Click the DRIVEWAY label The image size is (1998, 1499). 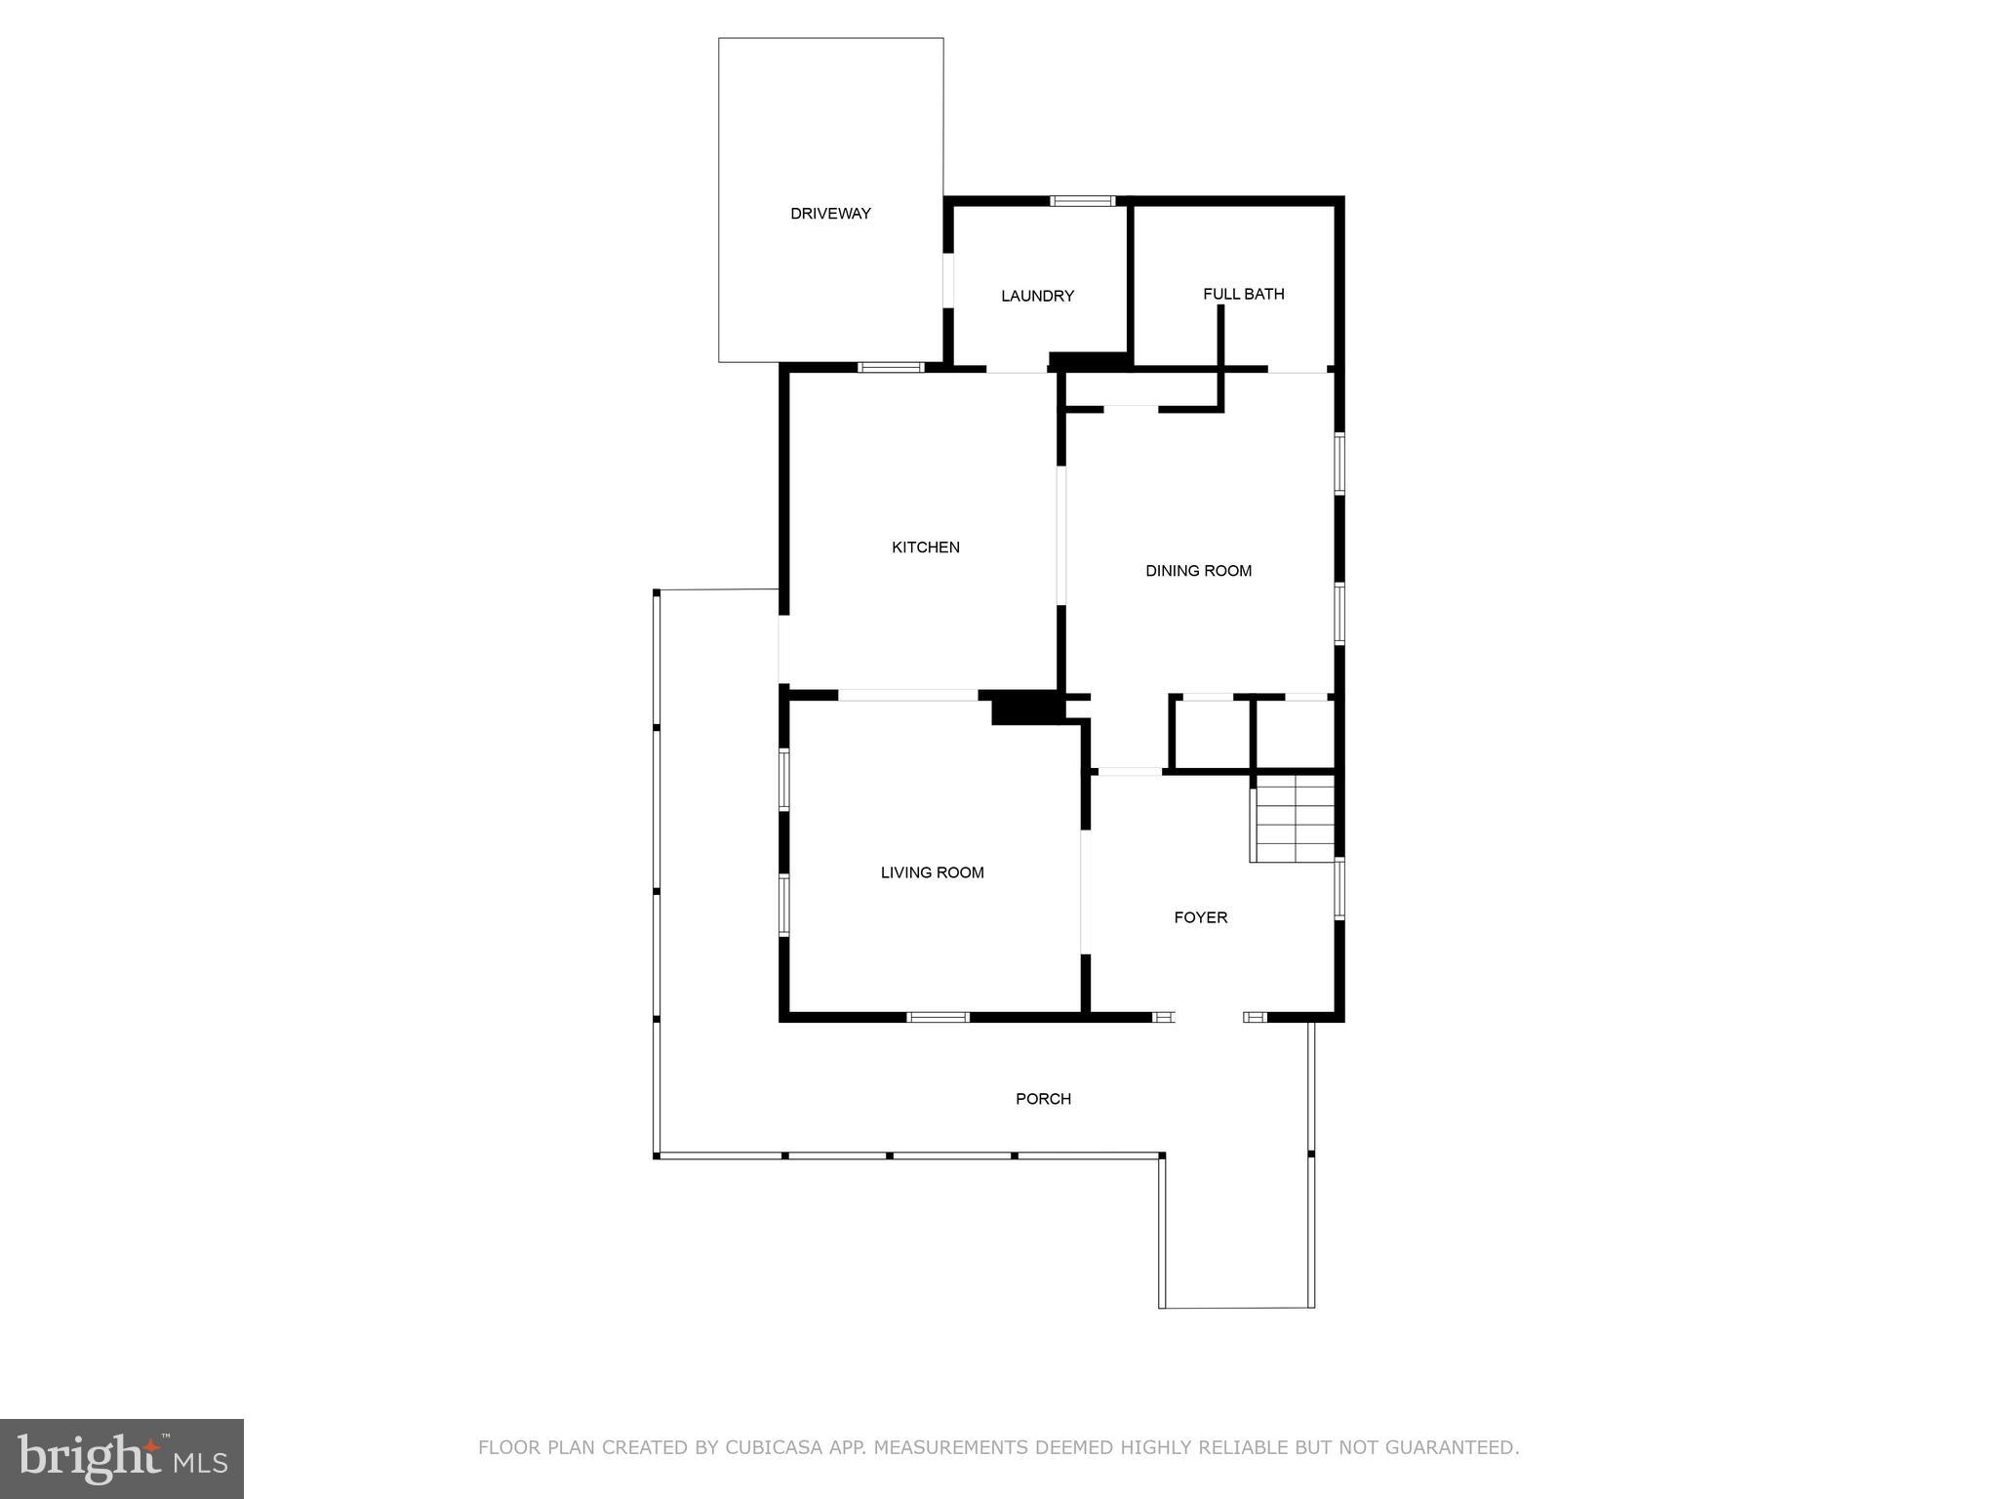(830, 214)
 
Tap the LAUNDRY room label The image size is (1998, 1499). (1037, 296)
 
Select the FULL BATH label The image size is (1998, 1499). (1243, 294)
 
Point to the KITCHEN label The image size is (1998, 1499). (925, 547)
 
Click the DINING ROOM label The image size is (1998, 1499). (1198, 571)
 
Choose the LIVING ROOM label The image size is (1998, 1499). (932, 872)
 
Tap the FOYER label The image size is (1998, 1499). (1200, 917)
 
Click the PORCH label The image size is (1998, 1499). (1043, 1099)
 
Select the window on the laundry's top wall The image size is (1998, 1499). (1082, 201)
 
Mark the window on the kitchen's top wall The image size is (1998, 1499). (890, 368)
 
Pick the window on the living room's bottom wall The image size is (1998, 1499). (938, 1017)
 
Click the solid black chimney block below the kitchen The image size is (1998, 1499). (1024, 708)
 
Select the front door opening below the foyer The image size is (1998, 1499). (1209, 1017)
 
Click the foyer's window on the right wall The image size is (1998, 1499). (1339, 888)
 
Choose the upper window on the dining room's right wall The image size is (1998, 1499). (1339, 464)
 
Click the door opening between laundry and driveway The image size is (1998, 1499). (947, 281)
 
